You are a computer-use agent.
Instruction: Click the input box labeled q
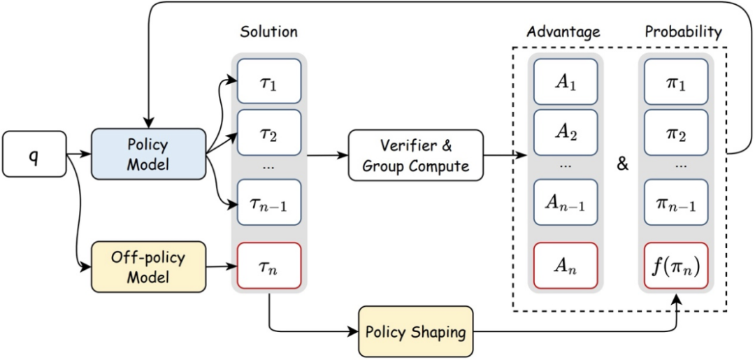click(x=34, y=153)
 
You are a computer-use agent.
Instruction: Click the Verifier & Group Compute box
click(x=416, y=155)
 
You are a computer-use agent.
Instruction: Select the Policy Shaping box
click(x=417, y=331)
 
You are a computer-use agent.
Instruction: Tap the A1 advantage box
click(x=566, y=82)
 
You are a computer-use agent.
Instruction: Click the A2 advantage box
click(x=566, y=133)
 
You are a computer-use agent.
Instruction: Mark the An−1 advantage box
click(x=566, y=203)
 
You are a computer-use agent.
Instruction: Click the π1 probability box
click(x=676, y=82)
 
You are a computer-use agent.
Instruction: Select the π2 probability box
click(x=676, y=133)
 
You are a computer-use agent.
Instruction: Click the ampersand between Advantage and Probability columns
click(x=622, y=165)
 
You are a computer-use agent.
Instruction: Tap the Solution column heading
click(x=268, y=32)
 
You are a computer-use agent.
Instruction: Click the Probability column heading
click(x=683, y=32)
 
